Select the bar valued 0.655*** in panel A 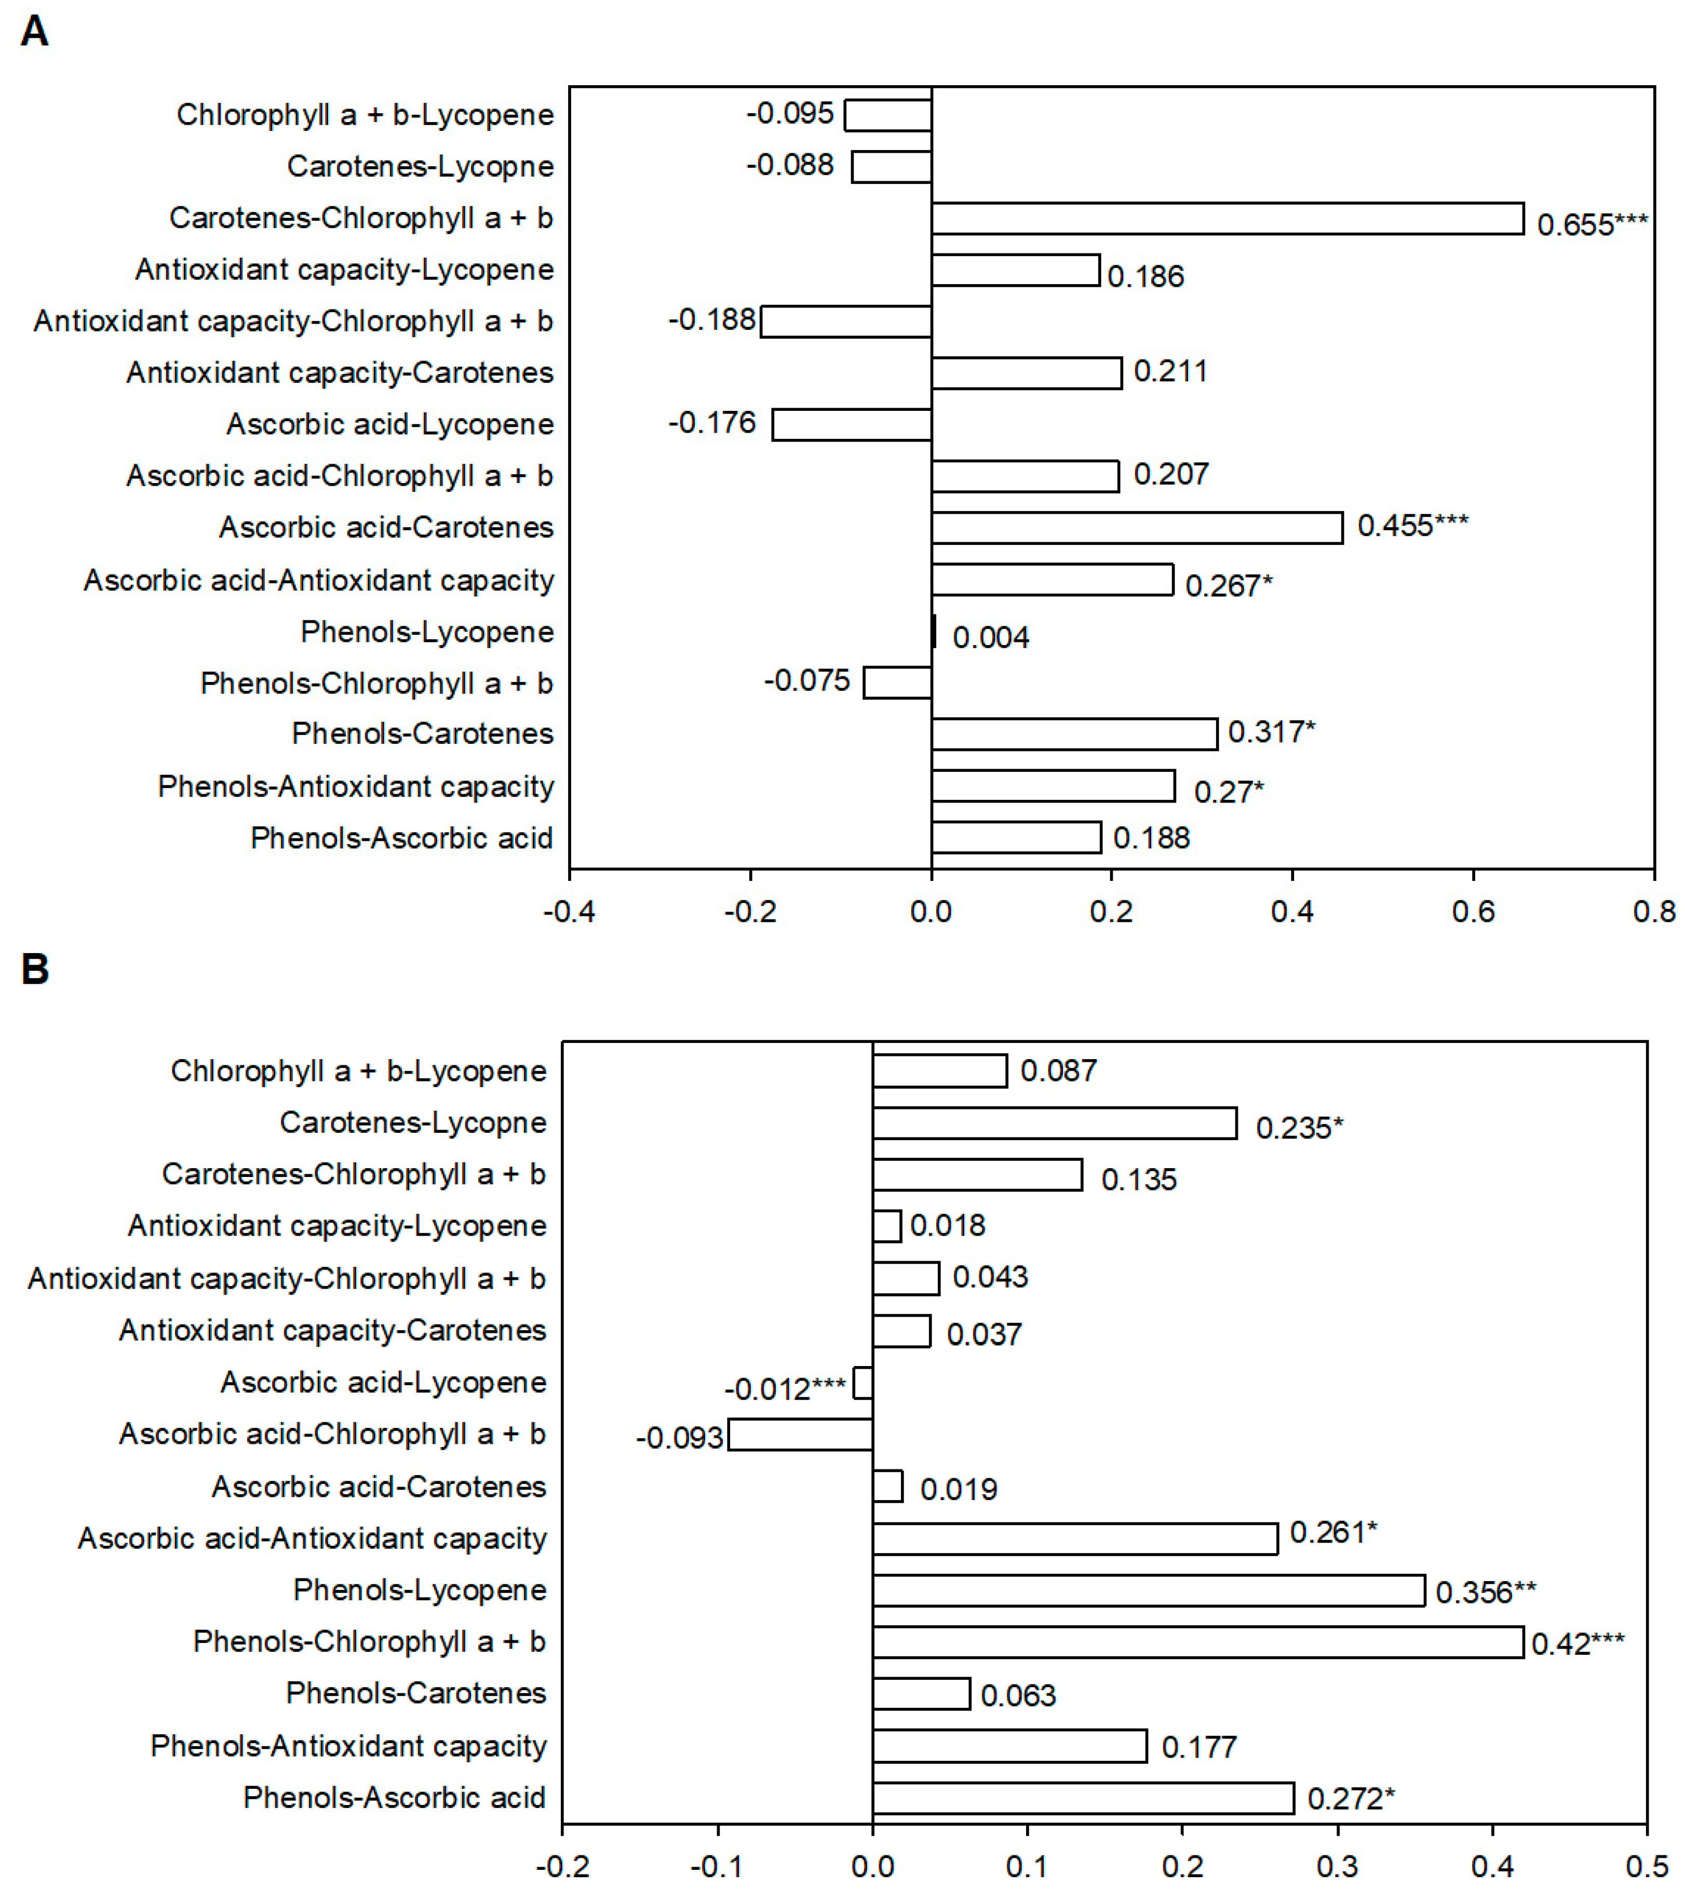pos(1227,219)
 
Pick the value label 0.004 pos(991,638)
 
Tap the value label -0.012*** pos(785,1389)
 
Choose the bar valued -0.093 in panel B pos(800,1434)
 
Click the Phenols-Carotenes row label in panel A pos(423,733)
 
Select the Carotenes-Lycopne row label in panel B pos(413,1123)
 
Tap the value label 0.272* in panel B pos(1351,1799)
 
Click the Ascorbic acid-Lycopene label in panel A pos(390,425)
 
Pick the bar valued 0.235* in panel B pos(1054,1123)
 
